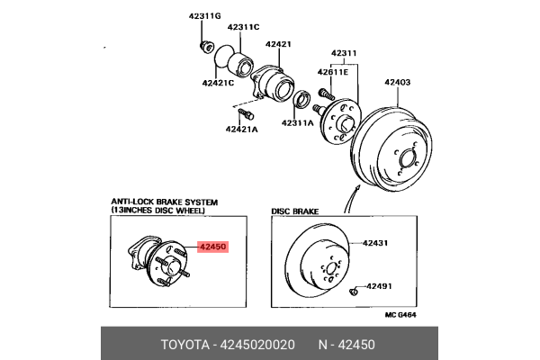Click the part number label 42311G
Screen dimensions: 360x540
pos(204,14)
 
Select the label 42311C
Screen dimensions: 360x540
pos(242,26)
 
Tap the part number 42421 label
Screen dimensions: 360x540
pos(279,43)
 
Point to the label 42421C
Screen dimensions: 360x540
pos(218,83)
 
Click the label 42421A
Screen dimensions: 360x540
pos(241,129)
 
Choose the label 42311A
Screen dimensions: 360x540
pos(297,122)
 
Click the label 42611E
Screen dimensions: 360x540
pos(332,71)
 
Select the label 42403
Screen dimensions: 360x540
pos(398,83)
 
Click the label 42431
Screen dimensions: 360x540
pos(375,242)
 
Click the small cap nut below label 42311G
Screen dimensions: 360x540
pos(205,45)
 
